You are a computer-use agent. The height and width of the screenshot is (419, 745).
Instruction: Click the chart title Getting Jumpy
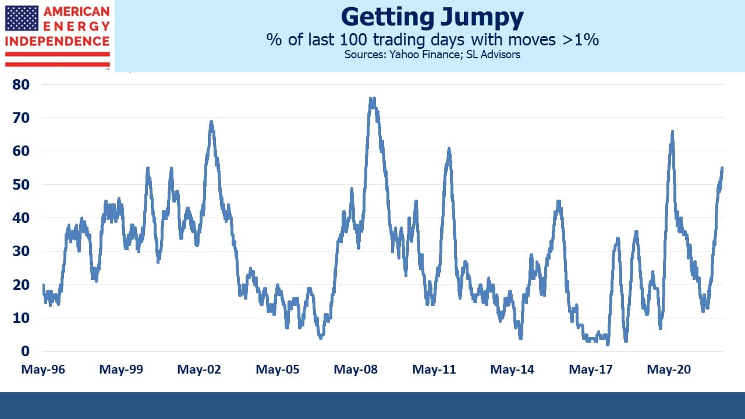tap(432, 17)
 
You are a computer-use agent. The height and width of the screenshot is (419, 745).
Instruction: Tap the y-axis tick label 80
tap(21, 85)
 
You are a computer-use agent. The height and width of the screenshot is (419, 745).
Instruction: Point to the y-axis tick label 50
tap(21, 184)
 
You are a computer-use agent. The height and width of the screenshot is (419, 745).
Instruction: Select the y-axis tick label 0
tap(25, 351)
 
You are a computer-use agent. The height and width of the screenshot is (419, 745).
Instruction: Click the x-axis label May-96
tap(43, 370)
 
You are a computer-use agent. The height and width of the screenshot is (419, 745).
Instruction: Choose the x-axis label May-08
tap(356, 370)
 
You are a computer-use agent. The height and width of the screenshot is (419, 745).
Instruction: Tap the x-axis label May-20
tap(669, 370)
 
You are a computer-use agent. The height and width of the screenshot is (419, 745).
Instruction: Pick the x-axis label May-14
tap(512, 370)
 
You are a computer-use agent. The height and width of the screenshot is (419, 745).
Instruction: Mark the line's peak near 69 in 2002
tap(211, 122)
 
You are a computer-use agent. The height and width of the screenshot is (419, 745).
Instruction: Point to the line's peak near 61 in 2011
tap(449, 149)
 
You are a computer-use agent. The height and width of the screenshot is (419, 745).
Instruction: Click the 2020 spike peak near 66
tap(672, 132)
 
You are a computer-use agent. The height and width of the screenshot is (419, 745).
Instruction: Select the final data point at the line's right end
tap(722, 168)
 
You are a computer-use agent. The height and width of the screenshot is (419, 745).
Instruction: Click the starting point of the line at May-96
tap(43, 285)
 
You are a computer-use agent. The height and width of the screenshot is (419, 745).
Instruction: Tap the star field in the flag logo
tap(22, 18)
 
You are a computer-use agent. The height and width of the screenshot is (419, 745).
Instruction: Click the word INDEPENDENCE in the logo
tap(58, 41)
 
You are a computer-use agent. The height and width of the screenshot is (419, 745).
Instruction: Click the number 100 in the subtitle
tap(353, 40)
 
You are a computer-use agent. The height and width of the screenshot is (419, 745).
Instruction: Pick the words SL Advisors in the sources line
tap(493, 54)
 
